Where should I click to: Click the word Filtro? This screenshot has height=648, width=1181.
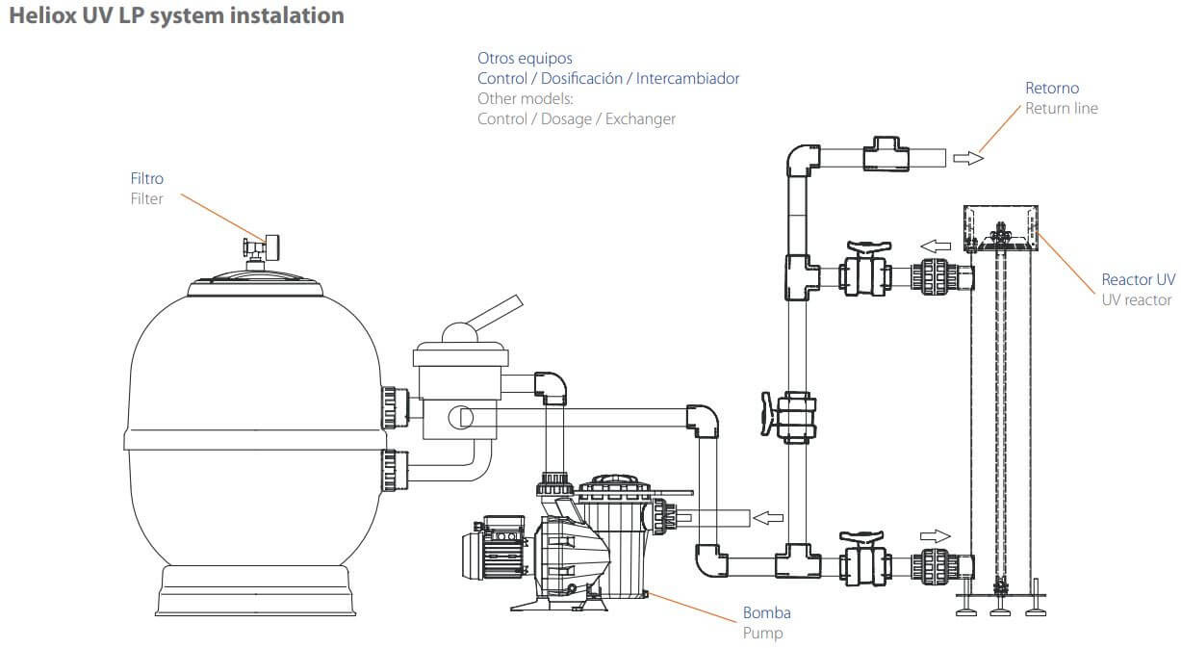(x=147, y=178)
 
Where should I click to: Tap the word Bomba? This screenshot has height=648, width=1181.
(x=766, y=612)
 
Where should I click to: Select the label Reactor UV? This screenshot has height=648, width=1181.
(x=1138, y=279)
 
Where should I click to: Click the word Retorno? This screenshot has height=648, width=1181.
(x=1052, y=88)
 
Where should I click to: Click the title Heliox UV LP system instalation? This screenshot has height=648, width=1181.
(x=175, y=16)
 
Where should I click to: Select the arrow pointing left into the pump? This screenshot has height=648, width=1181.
(x=766, y=519)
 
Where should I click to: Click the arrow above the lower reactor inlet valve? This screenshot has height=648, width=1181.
(x=936, y=535)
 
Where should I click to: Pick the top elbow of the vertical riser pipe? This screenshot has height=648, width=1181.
(x=802, y=159)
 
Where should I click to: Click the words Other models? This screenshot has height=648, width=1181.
(x=526, y=99)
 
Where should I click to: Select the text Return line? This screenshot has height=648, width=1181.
(x=1061, y=108)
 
